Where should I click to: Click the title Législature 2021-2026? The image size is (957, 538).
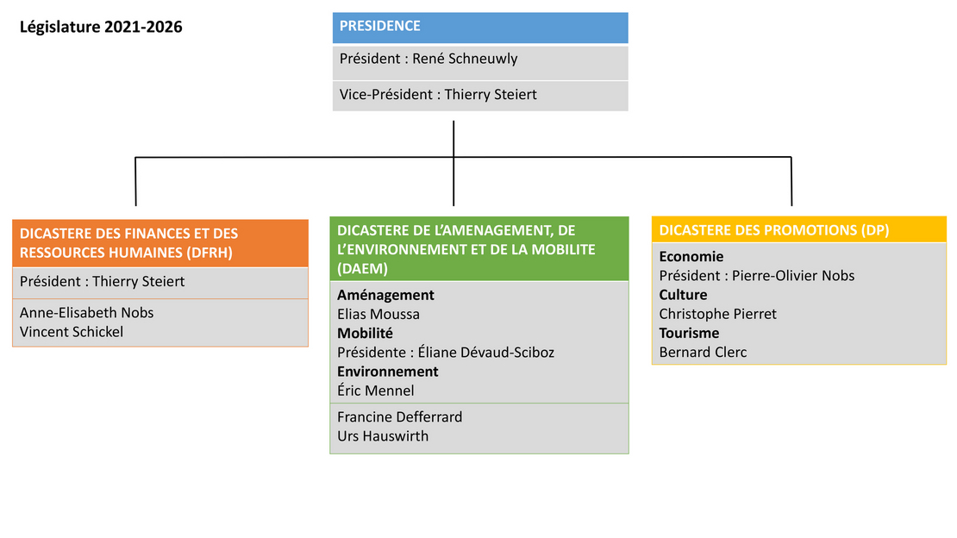[101, 27]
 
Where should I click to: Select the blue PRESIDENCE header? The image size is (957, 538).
[480, 28]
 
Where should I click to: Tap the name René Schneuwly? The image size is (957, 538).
[465, 59]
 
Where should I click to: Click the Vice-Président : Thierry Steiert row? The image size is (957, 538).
[480, 95]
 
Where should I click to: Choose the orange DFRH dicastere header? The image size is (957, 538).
[159, 243]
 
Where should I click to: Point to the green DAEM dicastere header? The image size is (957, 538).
[479, 248]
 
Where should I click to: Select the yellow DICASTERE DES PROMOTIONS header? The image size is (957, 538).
[799, 229]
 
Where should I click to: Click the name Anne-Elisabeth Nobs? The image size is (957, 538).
[87, 313]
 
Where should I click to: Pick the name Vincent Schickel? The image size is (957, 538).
[72, 332]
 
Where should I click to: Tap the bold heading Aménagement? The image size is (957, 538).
[385, 295]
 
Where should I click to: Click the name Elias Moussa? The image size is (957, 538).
[378, 314]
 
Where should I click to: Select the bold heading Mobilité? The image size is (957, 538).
[365, 334]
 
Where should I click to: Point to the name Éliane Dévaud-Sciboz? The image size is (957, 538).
[485, 353]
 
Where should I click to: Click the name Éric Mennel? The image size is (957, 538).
[375, 391]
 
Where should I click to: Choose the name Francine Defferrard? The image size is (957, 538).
[400, 417]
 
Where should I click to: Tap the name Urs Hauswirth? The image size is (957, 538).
[383, 436]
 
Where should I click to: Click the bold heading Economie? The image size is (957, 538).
[691, 256]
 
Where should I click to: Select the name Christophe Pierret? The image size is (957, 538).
[717, 314]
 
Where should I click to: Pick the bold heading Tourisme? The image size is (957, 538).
[689, 333]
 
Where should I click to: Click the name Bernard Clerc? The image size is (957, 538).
[703, 353]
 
